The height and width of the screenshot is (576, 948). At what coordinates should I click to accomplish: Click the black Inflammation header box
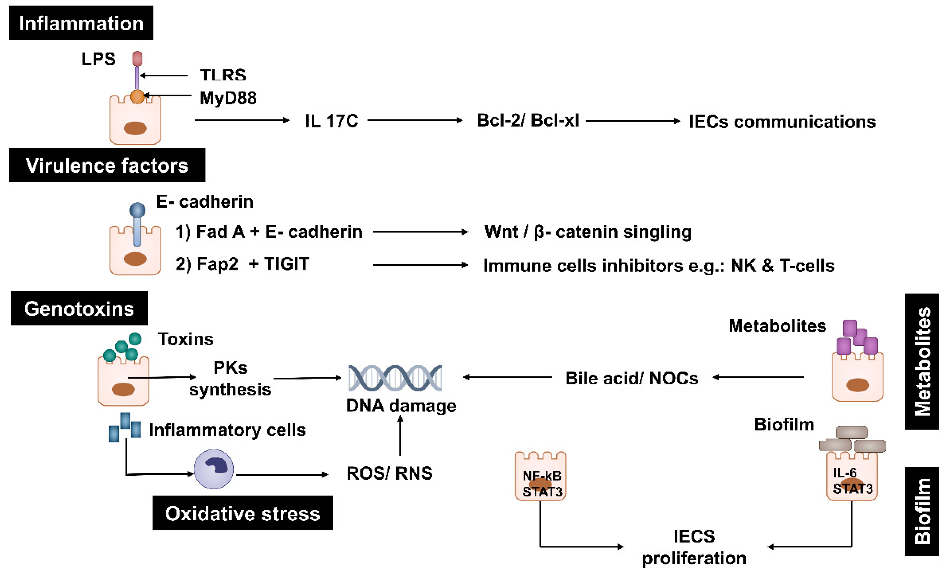click(81, 23)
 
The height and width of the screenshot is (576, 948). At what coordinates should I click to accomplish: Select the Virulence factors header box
click(107, 165)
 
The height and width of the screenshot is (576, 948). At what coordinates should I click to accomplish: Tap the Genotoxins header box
click(79, 308)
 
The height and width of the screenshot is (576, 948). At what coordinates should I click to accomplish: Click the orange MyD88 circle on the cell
click(137, 97)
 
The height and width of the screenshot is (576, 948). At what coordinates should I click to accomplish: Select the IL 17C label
click(331, 121)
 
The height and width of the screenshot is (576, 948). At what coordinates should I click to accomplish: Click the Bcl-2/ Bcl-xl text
click(528, 120)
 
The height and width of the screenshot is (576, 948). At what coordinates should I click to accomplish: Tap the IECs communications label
click(782, 122)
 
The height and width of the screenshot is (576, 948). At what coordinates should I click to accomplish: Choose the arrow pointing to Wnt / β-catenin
click(420, 232)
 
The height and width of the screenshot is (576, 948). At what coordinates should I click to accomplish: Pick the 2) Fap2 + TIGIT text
click(242, 264)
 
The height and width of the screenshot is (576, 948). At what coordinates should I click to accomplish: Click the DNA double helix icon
click(395, 378)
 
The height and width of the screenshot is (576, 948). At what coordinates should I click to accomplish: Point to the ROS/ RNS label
click(389, 473)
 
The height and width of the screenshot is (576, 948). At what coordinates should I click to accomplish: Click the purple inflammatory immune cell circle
click(214, 469)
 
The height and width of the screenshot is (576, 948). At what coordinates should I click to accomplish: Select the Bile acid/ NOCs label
click(632, 378)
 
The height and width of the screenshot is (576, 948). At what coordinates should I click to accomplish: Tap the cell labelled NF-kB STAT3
click(540, 477)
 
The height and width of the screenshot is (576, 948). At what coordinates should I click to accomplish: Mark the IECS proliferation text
click(694, 547)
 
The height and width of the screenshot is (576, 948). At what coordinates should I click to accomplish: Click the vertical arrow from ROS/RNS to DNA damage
click(400, 436)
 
